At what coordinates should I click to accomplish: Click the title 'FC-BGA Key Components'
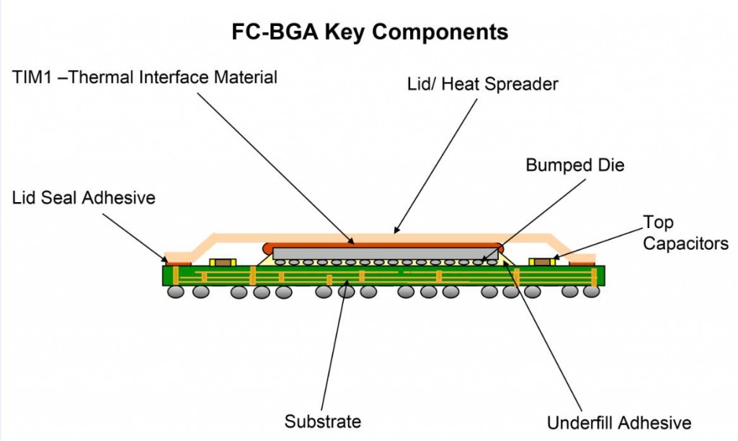click(x=369, y=32)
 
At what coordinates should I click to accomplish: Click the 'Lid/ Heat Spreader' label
click(x=483, y=84)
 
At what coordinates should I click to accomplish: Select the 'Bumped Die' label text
click(x=574, y=165)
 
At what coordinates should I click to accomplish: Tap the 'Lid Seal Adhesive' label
click(x=84, y=197)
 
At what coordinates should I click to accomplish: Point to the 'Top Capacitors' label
click(x=685, y=232)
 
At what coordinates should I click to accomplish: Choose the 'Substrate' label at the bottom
click(x=322, y=421)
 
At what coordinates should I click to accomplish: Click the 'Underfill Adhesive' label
click(x=618, y=423)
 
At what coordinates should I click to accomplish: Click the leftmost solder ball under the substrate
click(x=175, y=292)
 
